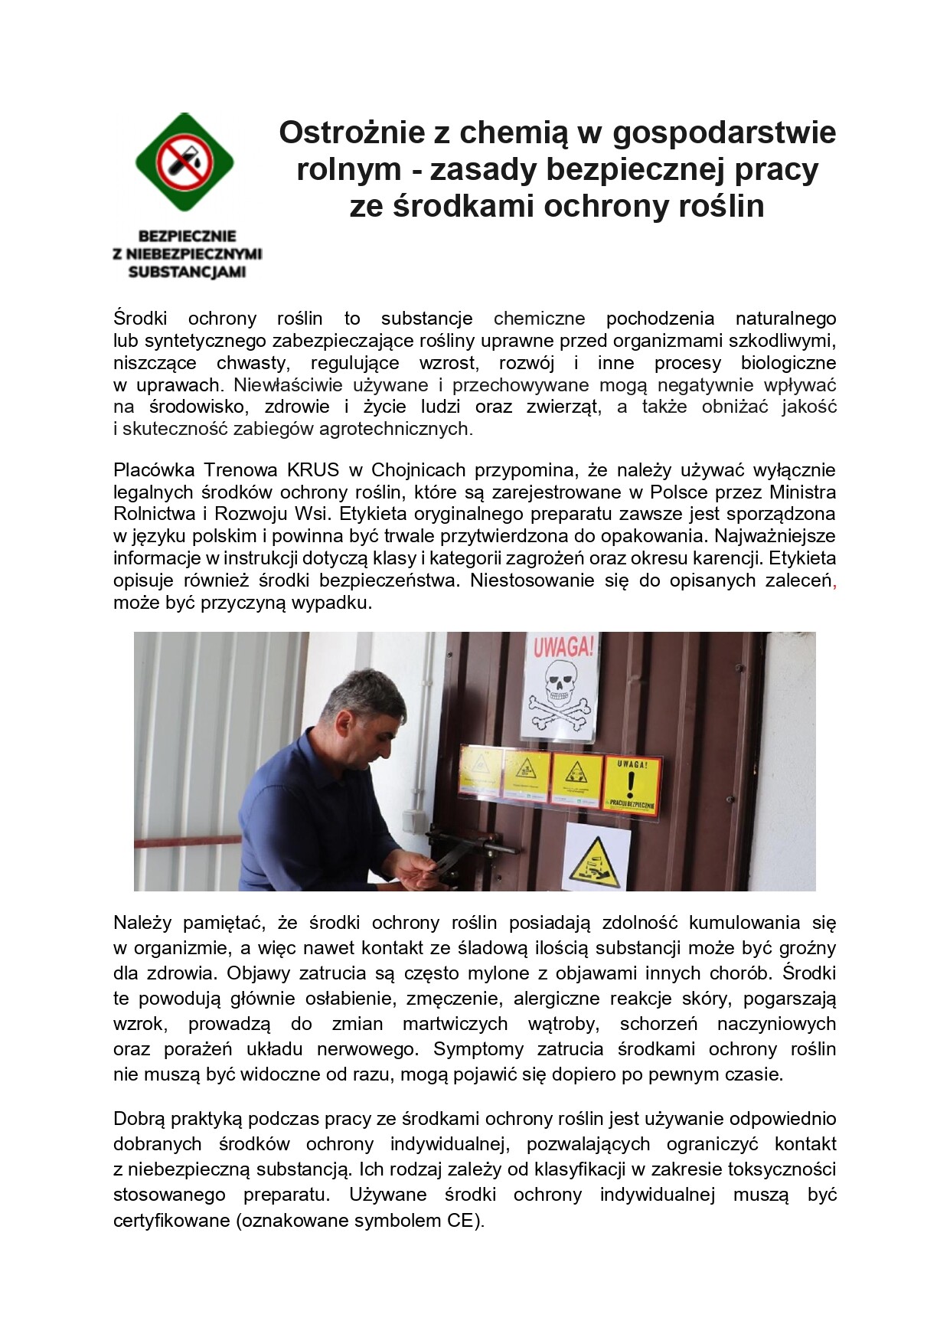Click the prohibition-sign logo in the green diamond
pyautogui.click(x=184, y=162)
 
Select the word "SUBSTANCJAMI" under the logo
pyautogui.click(x=187, y=272)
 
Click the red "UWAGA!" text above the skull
pyautogui.click(x=563, y=648)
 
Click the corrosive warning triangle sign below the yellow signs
pyautogui.click(x=596, y=858)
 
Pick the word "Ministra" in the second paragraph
pyautogui.click(x=802, y=492)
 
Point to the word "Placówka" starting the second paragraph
pyautogui.click(x=153, y=469)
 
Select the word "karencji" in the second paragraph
pyautogui.click(x=728, y=558)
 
